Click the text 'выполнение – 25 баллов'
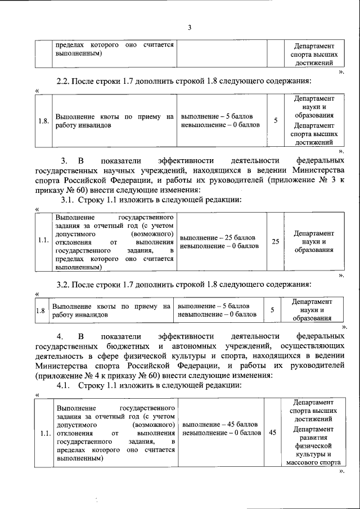tap(218, 237)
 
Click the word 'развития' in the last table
tap(313, 438)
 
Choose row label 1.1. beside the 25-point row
tap(43, 241)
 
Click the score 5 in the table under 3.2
tap(272, 310)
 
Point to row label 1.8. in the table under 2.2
tap(43, 121)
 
